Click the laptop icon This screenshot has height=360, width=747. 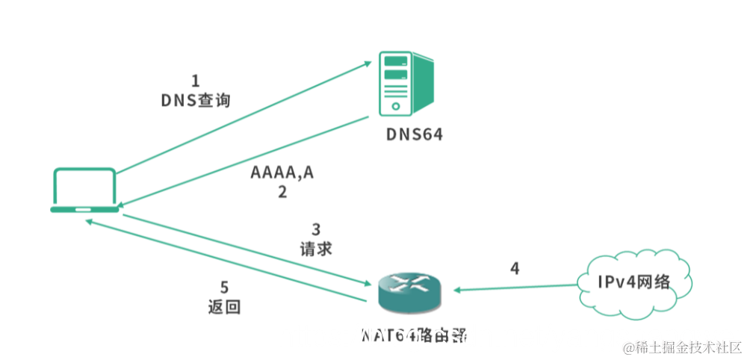[x=83, y=190]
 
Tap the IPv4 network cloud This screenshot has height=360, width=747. [x=633, y=282]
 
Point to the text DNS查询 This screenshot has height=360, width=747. [x=195, y=101]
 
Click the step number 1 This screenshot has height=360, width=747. [x=196, y=81]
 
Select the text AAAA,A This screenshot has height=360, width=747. [x=282, y=173]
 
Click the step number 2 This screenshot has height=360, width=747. [x=282, y=192]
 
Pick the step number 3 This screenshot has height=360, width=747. [x=315, y=229]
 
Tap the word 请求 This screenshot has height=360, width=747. [x=314, y=247]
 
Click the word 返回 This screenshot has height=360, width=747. [x=224, y=306]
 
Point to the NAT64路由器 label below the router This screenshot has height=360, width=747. [x=414, y=335]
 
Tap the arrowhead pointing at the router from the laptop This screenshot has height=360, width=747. [x=366, y=284]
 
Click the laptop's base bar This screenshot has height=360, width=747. [x=83, y=210]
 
